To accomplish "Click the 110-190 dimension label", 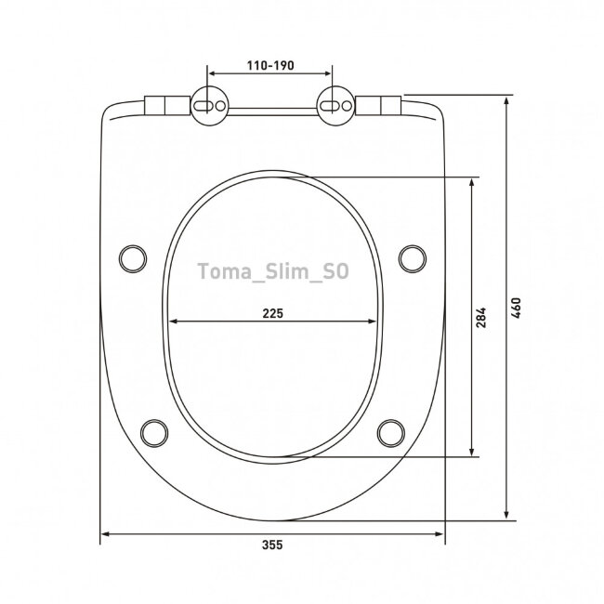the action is pos(270,65).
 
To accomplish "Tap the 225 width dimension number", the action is pos(272,313).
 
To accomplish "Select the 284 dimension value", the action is pos(480,318).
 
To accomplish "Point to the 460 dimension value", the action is pos(516,308).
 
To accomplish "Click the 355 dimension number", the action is pos(272,545).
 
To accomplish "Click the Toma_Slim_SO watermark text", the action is pos(273,271).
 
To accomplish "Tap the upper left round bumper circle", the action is pos(133,259).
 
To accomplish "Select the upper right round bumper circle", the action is pos(413,259).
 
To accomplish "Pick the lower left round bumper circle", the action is pos(154,433).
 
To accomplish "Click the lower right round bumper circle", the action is pos(391,433).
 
